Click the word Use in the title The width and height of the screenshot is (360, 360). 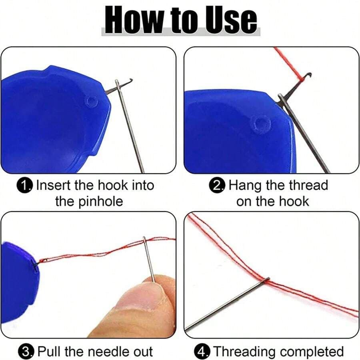pyautogui.click(x=231, y=20)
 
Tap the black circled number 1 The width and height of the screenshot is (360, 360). pyautogui.click(x=25, y=186)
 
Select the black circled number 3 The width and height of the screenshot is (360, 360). pyautogui.click(x=26, y=352)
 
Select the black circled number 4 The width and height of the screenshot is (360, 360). pyautogui.click(x=202, y=352)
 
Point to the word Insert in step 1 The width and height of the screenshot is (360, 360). pyautogui.click(x=54, y=185)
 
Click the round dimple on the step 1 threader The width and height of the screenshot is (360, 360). pyautogui.click(x=91, y=101)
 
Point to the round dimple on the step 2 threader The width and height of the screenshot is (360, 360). pyautogui.click(x=261, y=124)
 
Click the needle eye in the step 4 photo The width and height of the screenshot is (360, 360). pyautogui.click(x=266, y=280)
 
